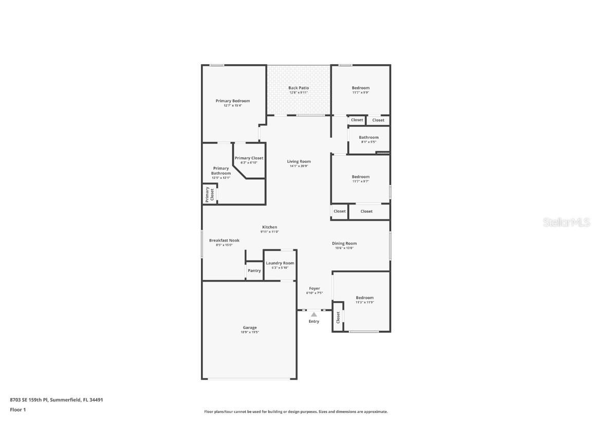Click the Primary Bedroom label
coord(233,101)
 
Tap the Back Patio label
coord(299,88)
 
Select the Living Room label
coord(299,161)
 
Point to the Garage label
coord(250,327)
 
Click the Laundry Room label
coord(280,263)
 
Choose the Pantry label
coord(254,270)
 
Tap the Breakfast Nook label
coord(224,240)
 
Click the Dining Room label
coord(344,244)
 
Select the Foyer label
coord(314,289)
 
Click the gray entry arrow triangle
coord(314,314)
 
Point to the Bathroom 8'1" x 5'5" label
coord(368,137)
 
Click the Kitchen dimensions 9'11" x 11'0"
coord(270,232)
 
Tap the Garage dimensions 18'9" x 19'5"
coord(250,332)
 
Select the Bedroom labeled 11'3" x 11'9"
coord(365,298)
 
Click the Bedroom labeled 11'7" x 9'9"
coord(361,88)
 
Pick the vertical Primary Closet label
coord(210,194)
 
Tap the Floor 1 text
coord(17,410)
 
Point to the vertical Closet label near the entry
coord(338,318)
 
